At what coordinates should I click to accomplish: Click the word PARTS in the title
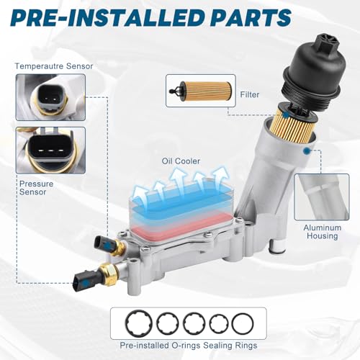[251, 17]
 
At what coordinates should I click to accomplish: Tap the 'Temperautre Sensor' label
[54, 66]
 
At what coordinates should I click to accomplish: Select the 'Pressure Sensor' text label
[36, 188]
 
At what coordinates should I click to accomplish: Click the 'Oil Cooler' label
[181, 161]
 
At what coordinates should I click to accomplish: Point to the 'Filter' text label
[250, 94]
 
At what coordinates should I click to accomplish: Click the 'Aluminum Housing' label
[323, 232]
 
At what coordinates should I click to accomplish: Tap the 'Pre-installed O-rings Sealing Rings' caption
[189, 346]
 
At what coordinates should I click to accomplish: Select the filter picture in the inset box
[200, 91]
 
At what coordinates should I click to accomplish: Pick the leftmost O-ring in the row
[138, 323]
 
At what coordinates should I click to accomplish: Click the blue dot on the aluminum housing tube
[307, 151]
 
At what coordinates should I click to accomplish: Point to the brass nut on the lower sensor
[109, 274]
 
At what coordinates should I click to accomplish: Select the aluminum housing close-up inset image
[322, 197]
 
